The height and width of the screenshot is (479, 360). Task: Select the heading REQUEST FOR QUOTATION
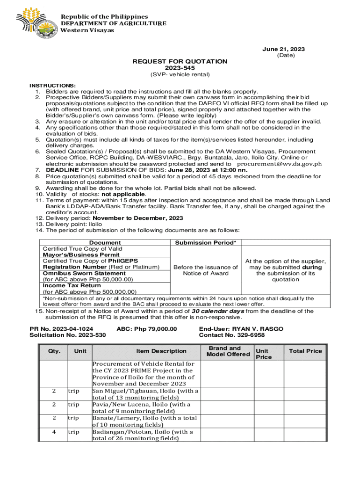tap(180, 61)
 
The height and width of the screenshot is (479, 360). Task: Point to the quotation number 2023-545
tap(180, 68)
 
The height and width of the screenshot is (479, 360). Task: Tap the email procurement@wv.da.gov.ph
tap(280, 164)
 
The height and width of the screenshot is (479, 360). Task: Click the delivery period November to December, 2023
tap(138, 218)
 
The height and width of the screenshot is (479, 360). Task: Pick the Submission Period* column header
tap(206, 243)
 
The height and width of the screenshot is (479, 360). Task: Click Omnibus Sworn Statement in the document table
tap(78, 273)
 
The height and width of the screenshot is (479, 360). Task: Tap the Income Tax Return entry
tap(72, 285)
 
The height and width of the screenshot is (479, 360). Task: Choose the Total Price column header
tap(305, 351)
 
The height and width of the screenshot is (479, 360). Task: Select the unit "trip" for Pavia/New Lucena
tap(73, 404)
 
